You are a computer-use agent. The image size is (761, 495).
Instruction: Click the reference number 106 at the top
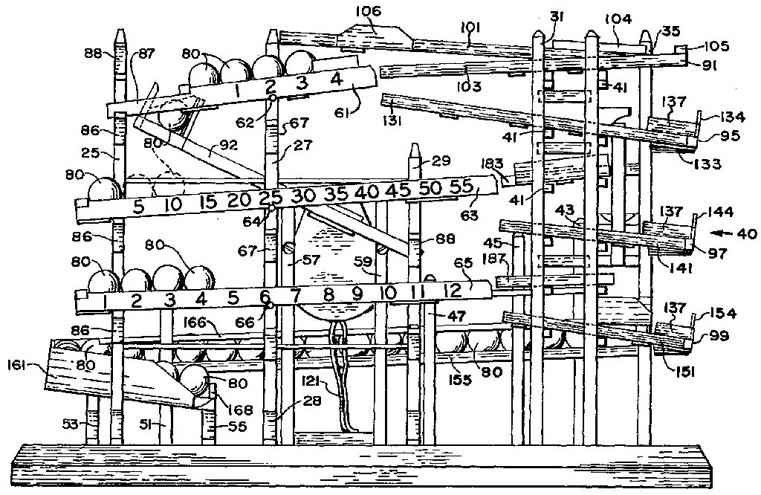tap(369, 11)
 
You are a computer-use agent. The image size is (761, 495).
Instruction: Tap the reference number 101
tap(470, 27)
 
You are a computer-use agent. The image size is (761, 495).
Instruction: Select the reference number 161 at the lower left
tap(18, 364)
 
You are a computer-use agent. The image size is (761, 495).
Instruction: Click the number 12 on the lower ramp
tap(453, 291)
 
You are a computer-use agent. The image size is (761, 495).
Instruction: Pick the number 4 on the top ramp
tap(336, 78)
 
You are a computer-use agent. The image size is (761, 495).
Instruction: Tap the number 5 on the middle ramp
tap(138, 207)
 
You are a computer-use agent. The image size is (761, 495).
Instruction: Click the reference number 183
tap(493, 163)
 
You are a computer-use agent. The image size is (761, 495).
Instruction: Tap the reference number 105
tap(716, 46)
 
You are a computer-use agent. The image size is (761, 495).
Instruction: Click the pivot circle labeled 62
tap(272, 97)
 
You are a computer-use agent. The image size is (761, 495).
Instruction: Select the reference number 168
tap(240, 410)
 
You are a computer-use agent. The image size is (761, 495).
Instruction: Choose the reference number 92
tap(229, 145)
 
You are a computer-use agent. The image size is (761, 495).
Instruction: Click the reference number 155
tap(459, 379)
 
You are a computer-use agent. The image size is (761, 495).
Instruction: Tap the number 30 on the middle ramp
tap(303, 195)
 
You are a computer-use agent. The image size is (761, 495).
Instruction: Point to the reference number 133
tap(707, 164)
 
